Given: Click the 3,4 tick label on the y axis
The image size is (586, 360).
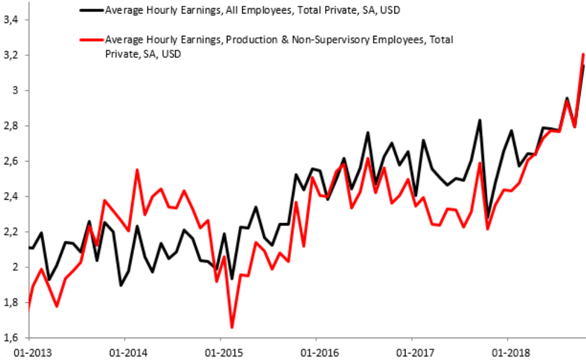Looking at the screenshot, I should tap(12, 20).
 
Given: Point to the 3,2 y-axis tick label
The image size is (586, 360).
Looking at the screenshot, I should tap(12, 55).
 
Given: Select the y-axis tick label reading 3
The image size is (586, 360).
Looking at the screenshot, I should tap(16, 90).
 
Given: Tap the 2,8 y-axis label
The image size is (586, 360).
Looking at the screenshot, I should tap(12, 126).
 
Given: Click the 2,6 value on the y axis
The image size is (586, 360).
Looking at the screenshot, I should tap(12, 161).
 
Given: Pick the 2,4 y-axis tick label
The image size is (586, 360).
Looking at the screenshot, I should tap(12, 196).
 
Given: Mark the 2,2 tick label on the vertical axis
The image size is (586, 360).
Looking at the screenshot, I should tap(12, 231).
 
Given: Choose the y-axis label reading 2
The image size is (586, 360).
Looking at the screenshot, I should tap(16, 267).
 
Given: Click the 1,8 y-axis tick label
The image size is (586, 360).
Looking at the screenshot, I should tap(12, 302).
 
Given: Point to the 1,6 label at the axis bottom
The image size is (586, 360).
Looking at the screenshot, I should tap(12, 338).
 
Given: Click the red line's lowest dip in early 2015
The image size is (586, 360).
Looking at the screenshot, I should tap(232, 327).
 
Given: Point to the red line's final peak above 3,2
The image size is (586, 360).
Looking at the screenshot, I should tap(583, 54).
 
